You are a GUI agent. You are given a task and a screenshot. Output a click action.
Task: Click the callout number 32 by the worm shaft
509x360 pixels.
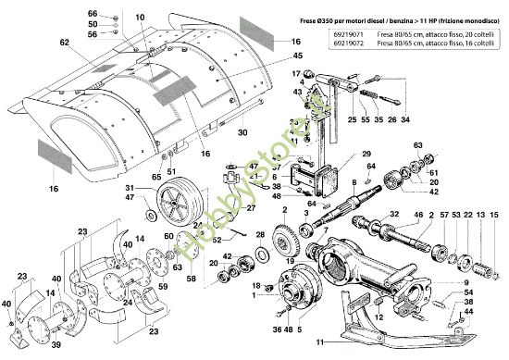tap(394, 215)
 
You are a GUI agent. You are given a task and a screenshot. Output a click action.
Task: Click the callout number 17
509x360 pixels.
tap(298, 73)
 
